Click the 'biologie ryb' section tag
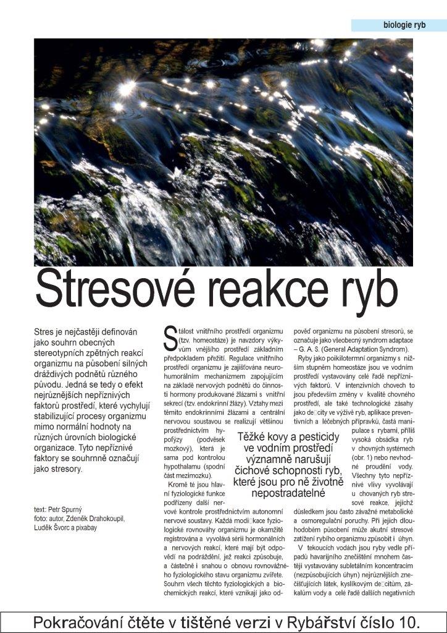click(404, 25)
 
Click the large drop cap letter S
click(170, 338)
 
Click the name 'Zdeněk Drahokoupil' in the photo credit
click(97, 519)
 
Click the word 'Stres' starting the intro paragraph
click(45, 333)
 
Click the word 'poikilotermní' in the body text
click(351, 359)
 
